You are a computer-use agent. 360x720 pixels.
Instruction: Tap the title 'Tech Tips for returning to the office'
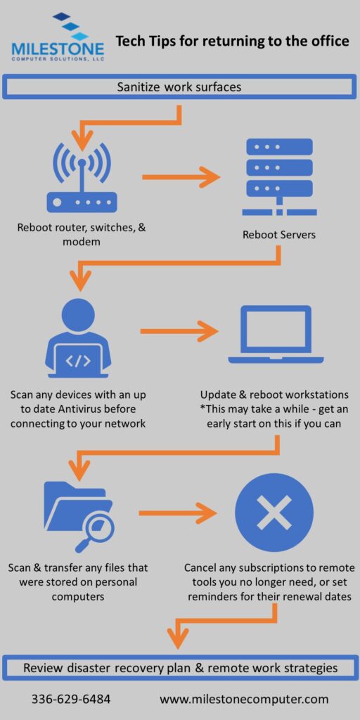232,41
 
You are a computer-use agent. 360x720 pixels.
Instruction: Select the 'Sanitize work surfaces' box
179,86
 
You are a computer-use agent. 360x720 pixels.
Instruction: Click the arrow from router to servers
181,176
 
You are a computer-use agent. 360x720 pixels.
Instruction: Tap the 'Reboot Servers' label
279,235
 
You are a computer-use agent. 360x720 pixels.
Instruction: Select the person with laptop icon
78,338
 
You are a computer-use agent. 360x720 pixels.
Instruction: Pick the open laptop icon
276,335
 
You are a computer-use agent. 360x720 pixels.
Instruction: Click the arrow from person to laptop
179,331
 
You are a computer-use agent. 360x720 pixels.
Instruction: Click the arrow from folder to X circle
178,513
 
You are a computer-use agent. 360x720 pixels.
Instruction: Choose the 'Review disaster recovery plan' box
179,681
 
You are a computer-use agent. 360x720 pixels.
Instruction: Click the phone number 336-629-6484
71,700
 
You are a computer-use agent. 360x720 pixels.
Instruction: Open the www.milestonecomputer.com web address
244,700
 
